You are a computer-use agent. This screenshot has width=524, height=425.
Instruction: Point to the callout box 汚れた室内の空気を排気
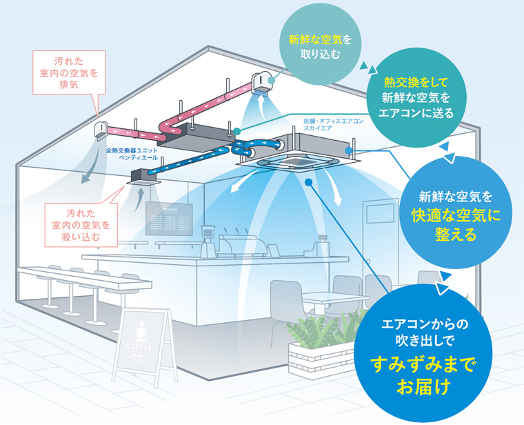pyautogui.click(x=69, y=72)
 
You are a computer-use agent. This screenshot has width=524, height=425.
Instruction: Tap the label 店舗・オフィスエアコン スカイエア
pyautogui.click(x=332, y=124)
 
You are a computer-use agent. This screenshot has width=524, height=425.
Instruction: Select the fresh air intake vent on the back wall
pyautogui.click(x=263, y=83)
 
